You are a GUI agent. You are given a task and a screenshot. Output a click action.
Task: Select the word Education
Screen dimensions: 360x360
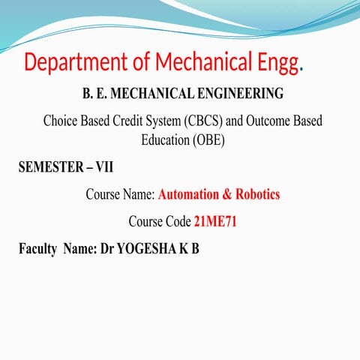tap(167, 139)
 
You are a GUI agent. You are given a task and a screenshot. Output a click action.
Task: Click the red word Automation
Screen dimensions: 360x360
tap(190, 194)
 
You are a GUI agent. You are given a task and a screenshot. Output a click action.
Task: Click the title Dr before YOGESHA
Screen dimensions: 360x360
tap(106, 248)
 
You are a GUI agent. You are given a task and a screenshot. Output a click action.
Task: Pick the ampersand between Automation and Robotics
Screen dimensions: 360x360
tap(227, 194)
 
